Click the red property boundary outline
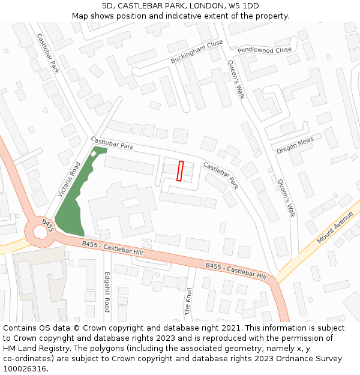pyautogui.click(x=180, y=170)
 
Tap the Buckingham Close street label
pyautogui.click(x=196, y=52)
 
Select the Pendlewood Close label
pyautogui.click(x=264, y=50)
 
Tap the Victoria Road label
pyautogui.click(x=69, y=179)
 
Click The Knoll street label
pyautogui.click(x=188, y=301)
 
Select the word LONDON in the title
pyautogui.click(x=201, y=6)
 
